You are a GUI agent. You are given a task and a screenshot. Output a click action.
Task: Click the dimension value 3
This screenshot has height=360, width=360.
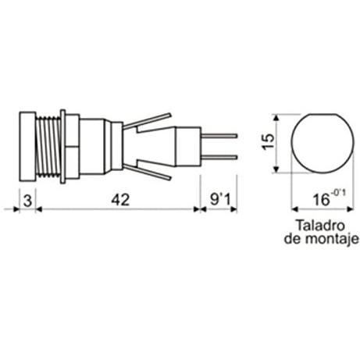(x=27, y=201)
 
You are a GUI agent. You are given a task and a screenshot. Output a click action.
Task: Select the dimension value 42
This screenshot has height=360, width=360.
(x=120, y=200)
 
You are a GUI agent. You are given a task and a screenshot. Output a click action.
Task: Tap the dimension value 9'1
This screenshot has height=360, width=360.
(x=220, y=200)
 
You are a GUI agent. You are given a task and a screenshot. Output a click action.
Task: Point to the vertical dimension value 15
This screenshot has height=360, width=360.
(x=268, y=142)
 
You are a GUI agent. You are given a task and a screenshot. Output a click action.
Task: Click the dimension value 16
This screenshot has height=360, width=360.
(x=321, y=200)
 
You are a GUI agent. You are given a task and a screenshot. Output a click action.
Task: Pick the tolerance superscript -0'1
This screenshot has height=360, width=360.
(x=338, y=194)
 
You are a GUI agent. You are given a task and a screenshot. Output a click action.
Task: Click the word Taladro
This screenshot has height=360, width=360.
(x=320, y=226)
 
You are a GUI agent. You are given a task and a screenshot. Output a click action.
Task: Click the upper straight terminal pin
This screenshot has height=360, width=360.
(x=219, y=136)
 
